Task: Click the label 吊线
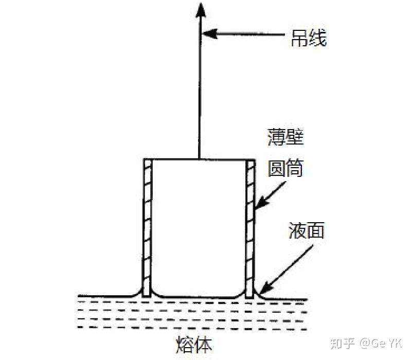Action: pos(309,38)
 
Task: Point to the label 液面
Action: pos(306,231)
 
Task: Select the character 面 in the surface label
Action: pos(315,231)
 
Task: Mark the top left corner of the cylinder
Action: pos(144,159)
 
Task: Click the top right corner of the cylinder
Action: pos(255,159)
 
